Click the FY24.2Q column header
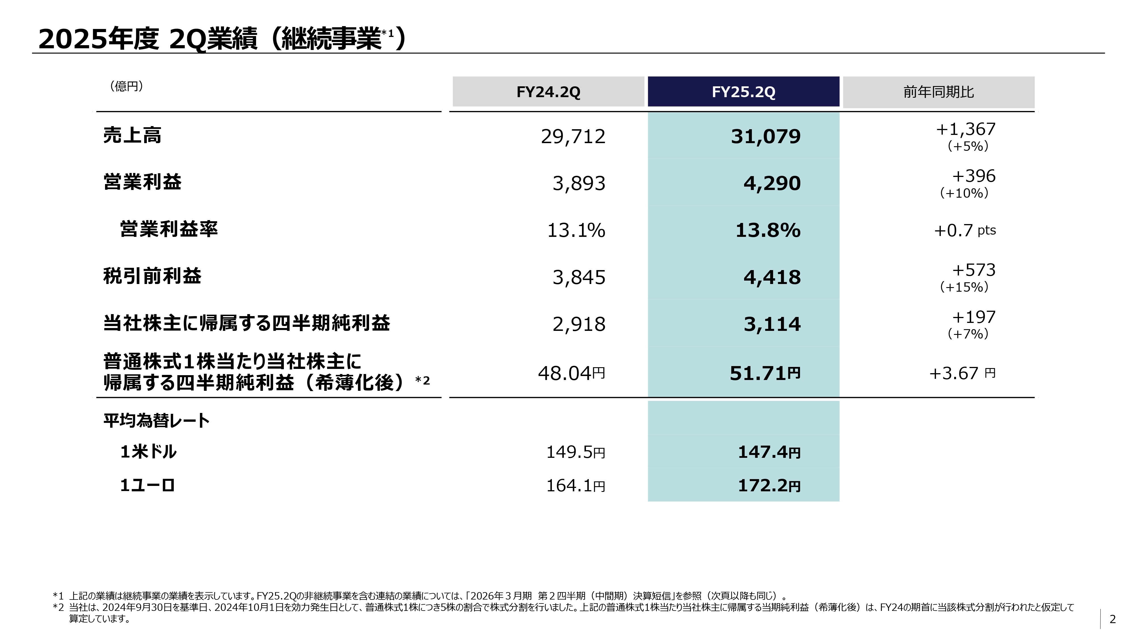coord(548,92)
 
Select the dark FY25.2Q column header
coord(743,92)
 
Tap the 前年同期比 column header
coord(938,92)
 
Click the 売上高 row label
coord(132,135)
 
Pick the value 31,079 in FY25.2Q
coord(765,136)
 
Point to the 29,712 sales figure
coord(573,136)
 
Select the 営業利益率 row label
coord(169,229)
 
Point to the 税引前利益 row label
coord(152,276)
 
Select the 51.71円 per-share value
coord(765,373)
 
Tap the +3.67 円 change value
coord(962,373)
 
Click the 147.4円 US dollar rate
coord(769,452)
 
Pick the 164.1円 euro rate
coord(575,486)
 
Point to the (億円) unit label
coord(126,86)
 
